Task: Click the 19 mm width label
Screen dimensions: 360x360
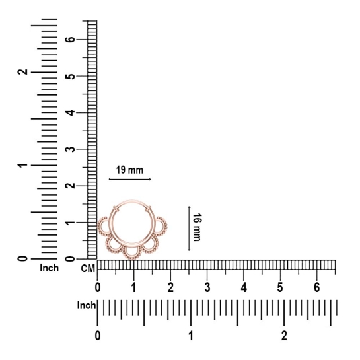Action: (129, 170)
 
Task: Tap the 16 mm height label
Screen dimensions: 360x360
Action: (197, 227)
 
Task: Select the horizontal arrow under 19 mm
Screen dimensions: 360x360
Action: (129, 179)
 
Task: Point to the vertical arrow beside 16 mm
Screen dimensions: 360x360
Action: (189, 229)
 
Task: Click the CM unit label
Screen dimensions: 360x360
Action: (88, 268)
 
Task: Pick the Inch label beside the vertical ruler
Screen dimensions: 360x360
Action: (49, 268)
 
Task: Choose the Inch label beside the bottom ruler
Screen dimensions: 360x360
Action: (86, 305)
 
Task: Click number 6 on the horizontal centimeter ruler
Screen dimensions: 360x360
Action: (317, 287)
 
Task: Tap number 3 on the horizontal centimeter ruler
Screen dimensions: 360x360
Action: (207, 287)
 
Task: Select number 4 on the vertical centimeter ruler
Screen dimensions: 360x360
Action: (71, 112)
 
